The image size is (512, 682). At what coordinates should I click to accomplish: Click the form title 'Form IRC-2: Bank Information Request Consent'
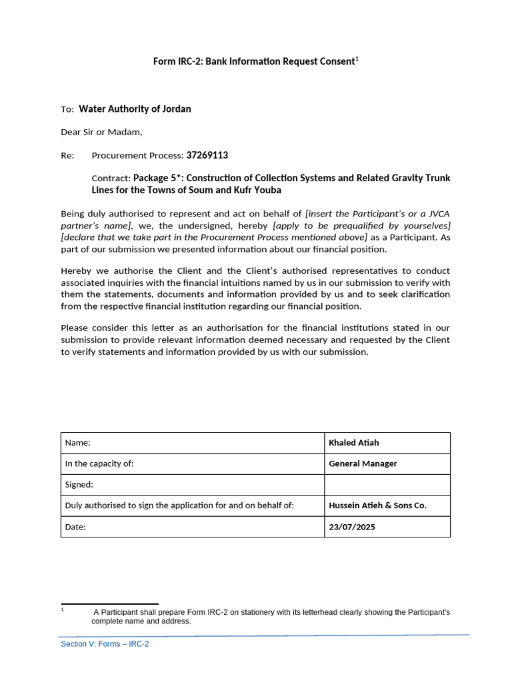pyautogui.click(x=254, y=62)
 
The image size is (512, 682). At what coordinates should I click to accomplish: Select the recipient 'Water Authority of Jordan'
pyautogui.click(x=135, y=109)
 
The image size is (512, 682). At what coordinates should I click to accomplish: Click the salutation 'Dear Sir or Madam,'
pyautogui.click(x=101, y=132)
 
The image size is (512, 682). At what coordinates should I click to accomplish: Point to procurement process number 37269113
pyautogui.click(x=207, y=155)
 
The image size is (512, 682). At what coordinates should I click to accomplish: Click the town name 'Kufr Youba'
pyautogui.click(x=259, y=190)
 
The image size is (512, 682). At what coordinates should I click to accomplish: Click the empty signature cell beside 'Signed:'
pyautogui.click(x=387, y=485)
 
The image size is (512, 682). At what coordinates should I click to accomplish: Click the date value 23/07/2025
pyautogui.click(x=352, y=527)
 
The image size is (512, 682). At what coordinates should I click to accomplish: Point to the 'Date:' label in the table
pyautogui.click(x=76, y=527)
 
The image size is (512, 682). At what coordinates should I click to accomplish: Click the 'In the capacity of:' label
pyautogui.click(x=99, y=464)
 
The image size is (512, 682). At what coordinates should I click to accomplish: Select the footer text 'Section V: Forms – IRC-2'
pyautogui.click(x=105, y=644)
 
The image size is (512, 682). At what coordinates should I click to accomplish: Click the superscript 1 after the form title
pyautogui.click(x=357, y=59)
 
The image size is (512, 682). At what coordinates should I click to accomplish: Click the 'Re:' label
pyautogui.click(x=67, y=155)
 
